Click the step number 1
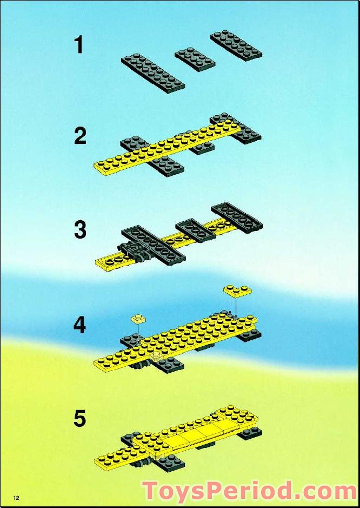tap(79, 45)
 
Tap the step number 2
tap(80, 136)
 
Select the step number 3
tap(81, 230)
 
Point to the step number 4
tap(79, 325)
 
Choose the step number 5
tap(79, 418)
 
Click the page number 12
tap(16, 498)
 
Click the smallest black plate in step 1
tap(195, 60)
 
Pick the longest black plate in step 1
tap(153, 73)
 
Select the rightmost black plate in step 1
tap(236, 45)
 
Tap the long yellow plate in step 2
tap(167, 148)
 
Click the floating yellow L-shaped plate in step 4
tap(237, 292)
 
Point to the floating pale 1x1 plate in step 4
tap(138, 319)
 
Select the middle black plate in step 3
tap(196, 230)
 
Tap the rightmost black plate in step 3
tap(237, 217)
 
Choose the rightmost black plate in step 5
tap(249, 433)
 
